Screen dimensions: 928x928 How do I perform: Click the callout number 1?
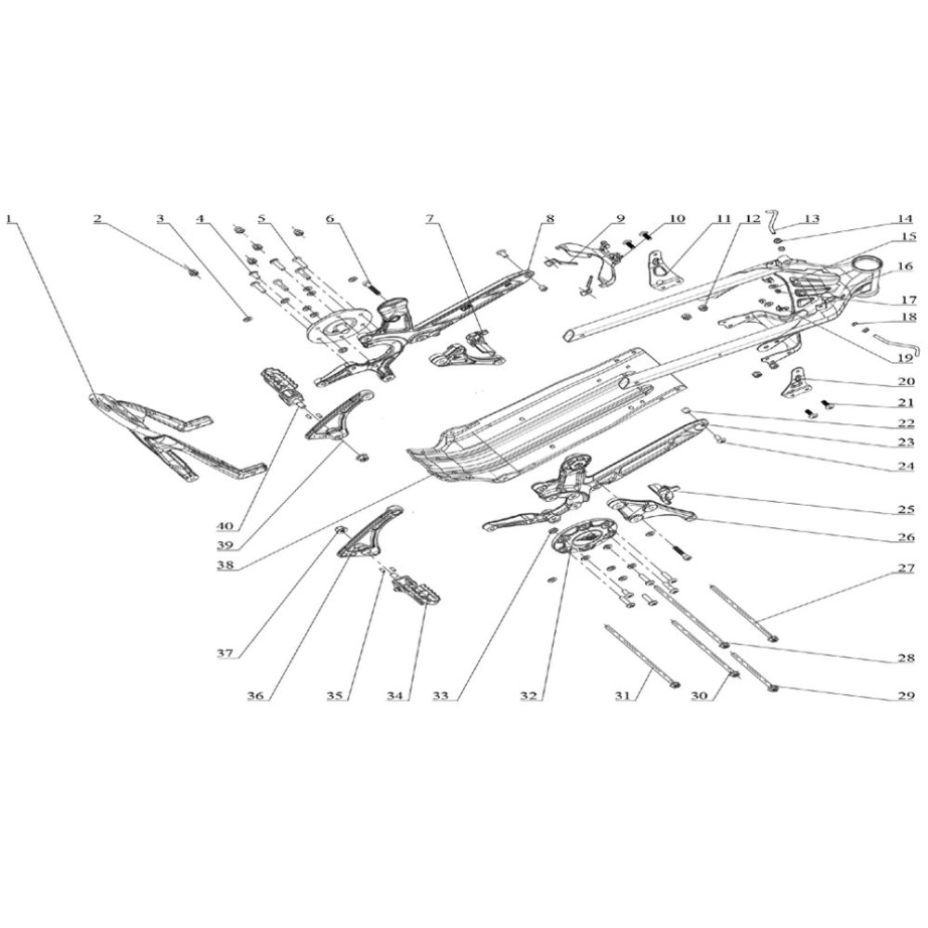(x=9, y=218)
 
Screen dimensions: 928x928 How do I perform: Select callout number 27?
(x=906, y=568)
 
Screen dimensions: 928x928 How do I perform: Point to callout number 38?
(x=226, y=565)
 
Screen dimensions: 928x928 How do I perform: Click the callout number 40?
(x=226, y=525)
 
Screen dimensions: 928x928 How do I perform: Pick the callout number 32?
(x=529, y=696)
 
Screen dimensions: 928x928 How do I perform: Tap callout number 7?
(x=429, y=219)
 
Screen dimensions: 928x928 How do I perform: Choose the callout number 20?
(x=906, y=381)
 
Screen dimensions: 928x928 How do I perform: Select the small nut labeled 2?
(x=192, y=272)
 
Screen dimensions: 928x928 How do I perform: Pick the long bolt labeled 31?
(x=641, y=655)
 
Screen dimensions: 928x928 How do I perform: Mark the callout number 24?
(x=906, y=465)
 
